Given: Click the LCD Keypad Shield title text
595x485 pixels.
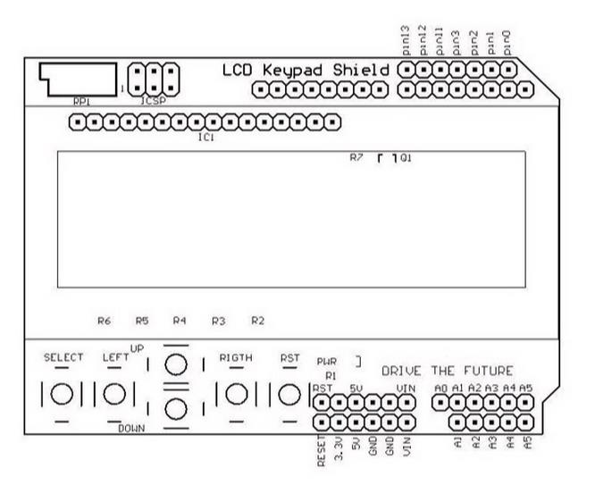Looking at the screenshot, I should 306,70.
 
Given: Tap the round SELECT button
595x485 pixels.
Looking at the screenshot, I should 63,392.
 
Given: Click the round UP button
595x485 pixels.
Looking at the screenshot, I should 178,364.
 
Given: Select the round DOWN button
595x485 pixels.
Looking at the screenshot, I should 178,409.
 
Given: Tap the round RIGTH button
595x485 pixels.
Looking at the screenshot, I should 236,392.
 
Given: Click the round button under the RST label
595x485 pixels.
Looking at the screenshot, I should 289,392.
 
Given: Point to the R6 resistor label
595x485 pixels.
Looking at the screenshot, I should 105,319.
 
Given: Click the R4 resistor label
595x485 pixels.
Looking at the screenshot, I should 180,319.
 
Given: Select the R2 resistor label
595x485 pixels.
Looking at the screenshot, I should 258,319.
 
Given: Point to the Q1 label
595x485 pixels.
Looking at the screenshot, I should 406,158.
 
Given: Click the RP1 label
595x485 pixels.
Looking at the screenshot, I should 80,102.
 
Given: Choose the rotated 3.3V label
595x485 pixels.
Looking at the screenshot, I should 338,447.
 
